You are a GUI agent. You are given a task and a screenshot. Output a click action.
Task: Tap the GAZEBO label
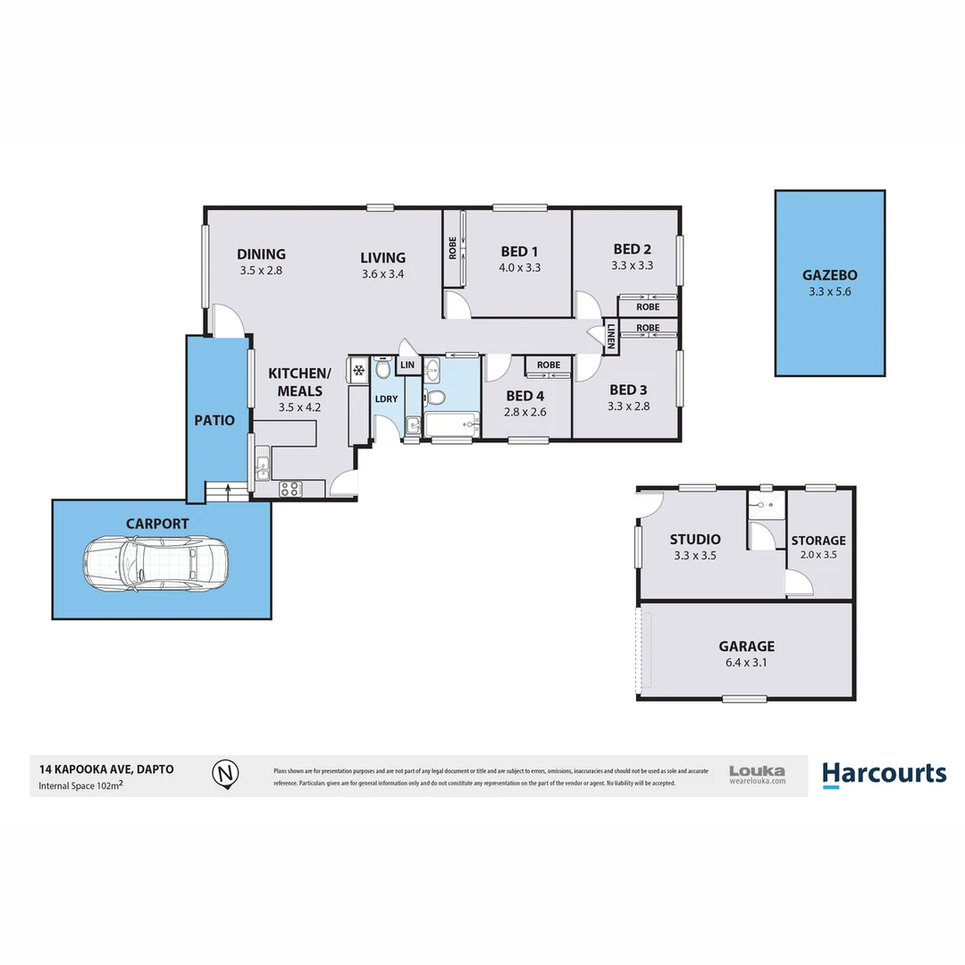pyautogui.click(x=829, y=275)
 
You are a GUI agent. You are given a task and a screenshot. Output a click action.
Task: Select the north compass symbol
pyautogui.click(x=226, y=773)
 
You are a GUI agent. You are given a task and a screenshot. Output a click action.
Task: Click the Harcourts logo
pyautogui.click(x=883, y=773)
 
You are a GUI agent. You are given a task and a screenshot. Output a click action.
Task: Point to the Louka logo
pyautogui.click(x=757, y=774)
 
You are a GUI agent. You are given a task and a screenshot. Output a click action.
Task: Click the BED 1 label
pyautogui.click(x=519, y=251)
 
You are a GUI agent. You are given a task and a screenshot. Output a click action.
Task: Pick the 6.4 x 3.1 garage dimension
pyautogui.click(x=746, y=663)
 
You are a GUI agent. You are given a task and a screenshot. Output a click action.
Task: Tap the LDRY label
pyautogui.click(x=386, y=399)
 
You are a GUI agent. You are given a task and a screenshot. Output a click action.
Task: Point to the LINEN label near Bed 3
pyautogui.click(x=611, y=335)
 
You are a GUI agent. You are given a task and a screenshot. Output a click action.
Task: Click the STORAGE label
pyautogui.click(x=818, y=541)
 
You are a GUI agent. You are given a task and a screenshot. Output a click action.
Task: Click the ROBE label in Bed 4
pyautogui.click(x=549, y=365)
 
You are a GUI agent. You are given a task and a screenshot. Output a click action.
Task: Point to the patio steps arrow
pyautogui.click(x=230, y=490)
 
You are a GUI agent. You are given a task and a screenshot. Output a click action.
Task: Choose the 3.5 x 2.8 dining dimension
pyautogui.click(x=261, y=270)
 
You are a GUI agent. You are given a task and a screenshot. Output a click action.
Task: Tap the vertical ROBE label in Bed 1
pyautogui.click(x=453, y=248)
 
